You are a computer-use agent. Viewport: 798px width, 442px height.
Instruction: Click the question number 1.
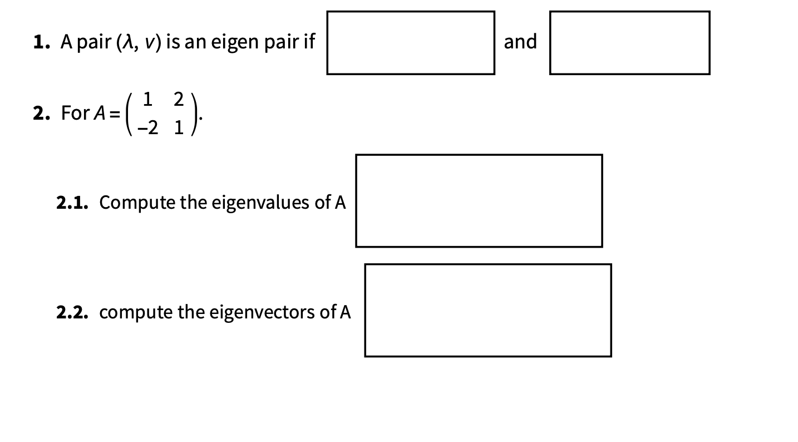point(39,42)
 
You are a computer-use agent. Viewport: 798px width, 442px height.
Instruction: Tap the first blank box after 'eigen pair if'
point(411,43)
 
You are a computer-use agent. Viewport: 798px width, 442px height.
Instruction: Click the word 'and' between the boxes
point(520,42)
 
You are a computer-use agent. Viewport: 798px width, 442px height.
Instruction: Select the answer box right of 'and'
point(629,43)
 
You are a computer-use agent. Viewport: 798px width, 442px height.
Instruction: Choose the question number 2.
point(39,113)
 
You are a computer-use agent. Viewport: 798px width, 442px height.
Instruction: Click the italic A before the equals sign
point(99,113)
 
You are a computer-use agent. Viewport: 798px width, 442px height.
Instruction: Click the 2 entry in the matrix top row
point(178,99)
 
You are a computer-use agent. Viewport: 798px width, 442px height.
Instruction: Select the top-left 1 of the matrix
point(147,99)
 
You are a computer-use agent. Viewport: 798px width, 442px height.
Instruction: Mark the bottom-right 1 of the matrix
point(178,128)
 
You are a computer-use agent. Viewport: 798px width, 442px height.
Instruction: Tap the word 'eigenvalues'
point(261,203)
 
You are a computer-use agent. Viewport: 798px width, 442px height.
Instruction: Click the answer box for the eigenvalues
point(479,200)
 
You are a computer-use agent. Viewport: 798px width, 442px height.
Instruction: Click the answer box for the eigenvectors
point(488,310)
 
